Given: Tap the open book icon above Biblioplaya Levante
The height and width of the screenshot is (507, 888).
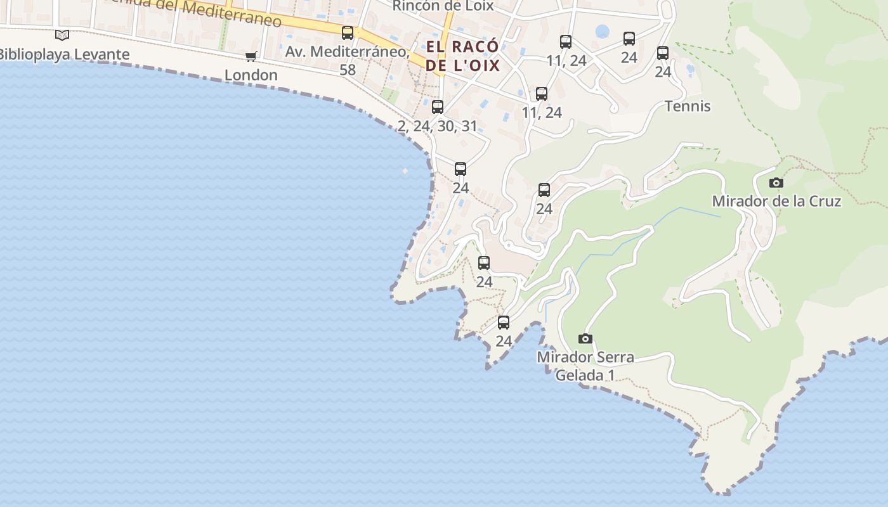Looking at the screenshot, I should click(62, 35).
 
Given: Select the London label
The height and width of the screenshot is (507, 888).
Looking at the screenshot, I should click(251, 75).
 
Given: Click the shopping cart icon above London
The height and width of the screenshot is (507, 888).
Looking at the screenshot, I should click(251, 56).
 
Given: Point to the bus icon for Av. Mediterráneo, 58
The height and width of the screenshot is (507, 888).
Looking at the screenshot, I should click(348, 33).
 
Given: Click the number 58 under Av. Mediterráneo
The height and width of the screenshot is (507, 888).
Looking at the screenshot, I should click(348, 69).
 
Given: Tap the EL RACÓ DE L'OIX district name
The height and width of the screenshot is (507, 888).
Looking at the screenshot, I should click(462, 56).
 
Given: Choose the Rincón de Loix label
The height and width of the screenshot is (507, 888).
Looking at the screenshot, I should click(443, 6).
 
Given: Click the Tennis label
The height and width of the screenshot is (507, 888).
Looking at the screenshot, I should click(688, 106).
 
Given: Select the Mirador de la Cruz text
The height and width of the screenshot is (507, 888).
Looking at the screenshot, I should click(776, 202).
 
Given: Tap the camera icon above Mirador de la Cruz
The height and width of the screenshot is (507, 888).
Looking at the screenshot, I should click(776, 183).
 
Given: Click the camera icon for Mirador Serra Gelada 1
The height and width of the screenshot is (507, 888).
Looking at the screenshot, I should click(585, 339).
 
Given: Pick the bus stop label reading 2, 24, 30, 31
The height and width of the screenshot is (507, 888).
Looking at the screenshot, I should click(437, 126).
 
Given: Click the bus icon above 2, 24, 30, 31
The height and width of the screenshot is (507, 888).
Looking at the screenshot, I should click(438, 106).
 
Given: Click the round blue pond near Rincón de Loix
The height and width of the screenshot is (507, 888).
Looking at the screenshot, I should click(602, 31).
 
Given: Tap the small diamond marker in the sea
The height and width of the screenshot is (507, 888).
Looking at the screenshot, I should click(405, 170).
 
